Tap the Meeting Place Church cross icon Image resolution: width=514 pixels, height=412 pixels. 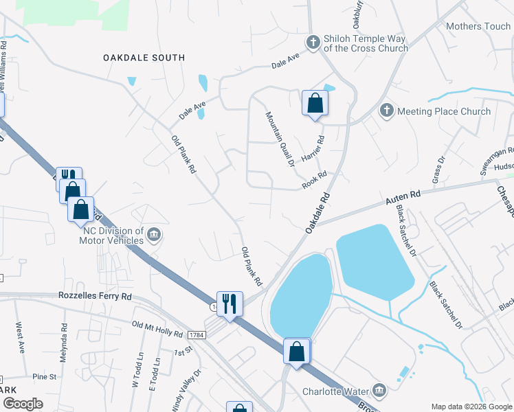tap(386, 111)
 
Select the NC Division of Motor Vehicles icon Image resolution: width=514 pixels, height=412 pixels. tap(154, 236)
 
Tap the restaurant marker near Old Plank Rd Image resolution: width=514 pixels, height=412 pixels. tap(230, 303)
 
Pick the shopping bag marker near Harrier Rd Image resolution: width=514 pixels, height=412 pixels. tap(315, 104)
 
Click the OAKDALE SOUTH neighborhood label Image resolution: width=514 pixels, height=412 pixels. tap(144, 58)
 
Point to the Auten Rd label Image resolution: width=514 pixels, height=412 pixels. tap(402, 198)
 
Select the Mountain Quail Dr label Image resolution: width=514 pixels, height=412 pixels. tap(280, 139)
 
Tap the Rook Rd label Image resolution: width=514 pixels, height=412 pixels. tap(314, 181)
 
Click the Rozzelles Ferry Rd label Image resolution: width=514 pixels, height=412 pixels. tap(93, 297)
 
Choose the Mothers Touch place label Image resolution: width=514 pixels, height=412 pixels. tap(478, 27)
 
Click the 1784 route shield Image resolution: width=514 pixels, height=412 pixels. tap(196, 334)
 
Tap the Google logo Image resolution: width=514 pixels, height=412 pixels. tap(22, 404)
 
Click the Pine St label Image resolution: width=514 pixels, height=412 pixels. tap(44, 377)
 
